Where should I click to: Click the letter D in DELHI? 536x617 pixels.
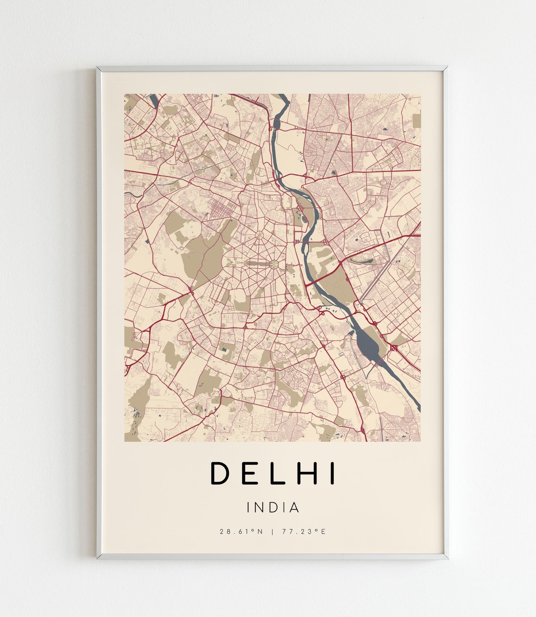[x=219, y=473]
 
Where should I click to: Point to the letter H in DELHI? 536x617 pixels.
[x=306, y=473]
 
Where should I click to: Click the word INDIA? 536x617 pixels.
[x=273, y=508]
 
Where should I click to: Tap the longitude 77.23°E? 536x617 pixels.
[x=304, y=532]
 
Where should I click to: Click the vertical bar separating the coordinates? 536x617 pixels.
[x=272, y=532]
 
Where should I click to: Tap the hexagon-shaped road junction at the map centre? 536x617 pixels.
[x=273, y=264]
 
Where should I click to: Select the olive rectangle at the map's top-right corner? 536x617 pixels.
[x=416, y=120]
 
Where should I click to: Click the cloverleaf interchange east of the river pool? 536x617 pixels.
[x=394, y=348]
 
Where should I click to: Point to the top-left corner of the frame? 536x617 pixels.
[x=97, y=68]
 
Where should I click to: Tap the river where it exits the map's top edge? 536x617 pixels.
[x=282, y=96]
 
